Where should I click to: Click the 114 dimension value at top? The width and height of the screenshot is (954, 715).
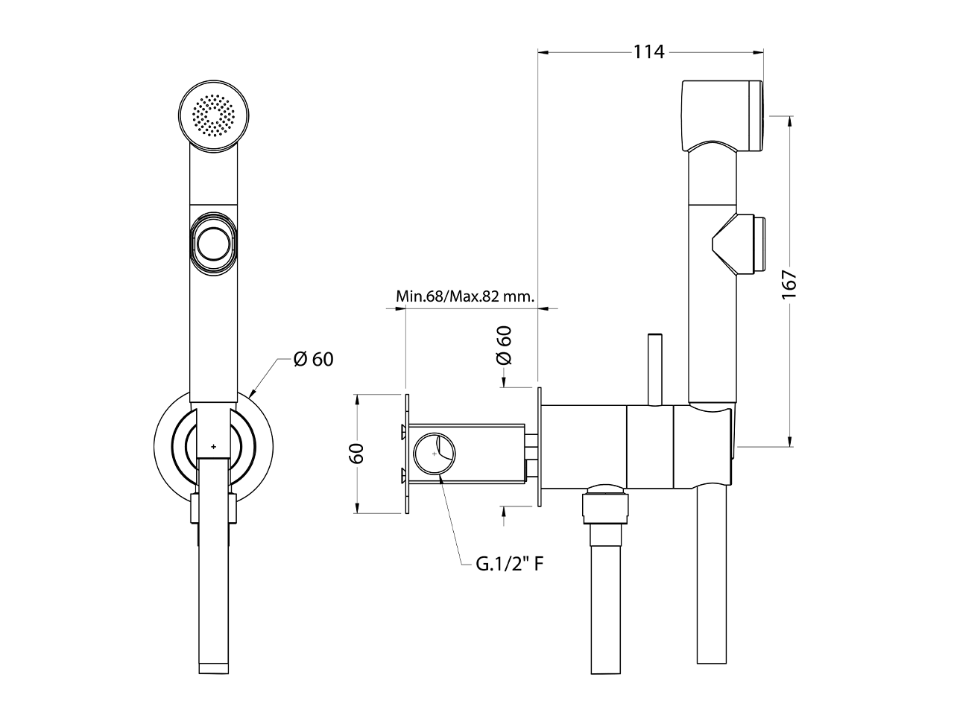[x=648, y=51]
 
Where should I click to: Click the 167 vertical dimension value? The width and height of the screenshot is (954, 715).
[x=790, y=285]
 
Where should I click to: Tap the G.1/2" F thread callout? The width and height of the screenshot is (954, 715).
[x=509, y=564]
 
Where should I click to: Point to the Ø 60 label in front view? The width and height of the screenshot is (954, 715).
[x=313, y=359]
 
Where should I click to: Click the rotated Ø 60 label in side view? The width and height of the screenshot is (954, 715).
[x=505, y=345]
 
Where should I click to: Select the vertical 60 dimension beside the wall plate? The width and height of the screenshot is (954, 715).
[x=358, y=453]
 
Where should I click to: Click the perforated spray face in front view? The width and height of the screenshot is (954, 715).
[x=214, y=116]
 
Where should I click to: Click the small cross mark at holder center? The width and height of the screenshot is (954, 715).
[x=214, y=447]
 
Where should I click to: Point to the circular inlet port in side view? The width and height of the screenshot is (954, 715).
[x=435, y=453]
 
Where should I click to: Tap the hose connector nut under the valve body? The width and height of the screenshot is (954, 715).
[x=605, y=506]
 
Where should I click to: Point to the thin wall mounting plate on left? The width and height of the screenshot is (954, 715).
[x=406, y=453]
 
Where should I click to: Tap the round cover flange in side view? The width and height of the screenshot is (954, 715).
[x=539, y=447]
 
